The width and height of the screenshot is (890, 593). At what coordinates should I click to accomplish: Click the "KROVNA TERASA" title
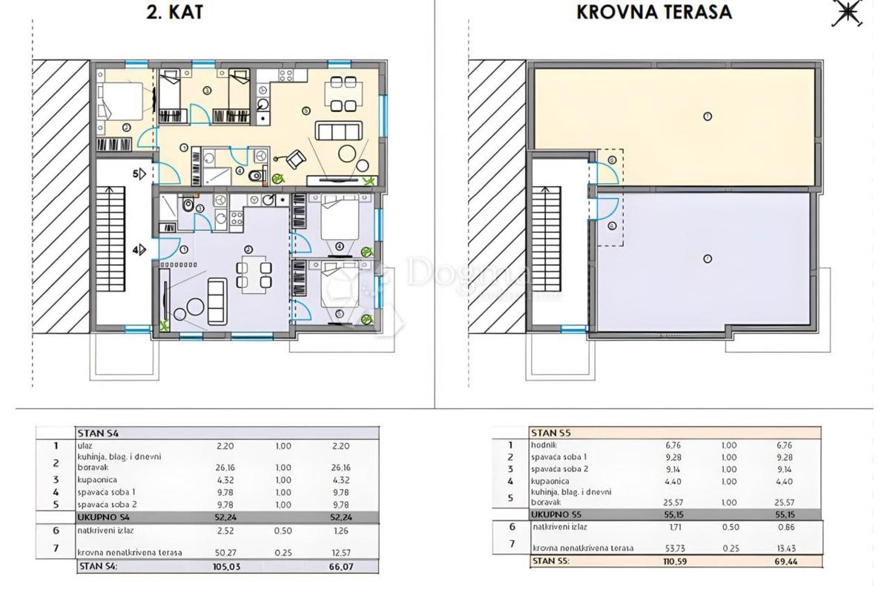(654, 12)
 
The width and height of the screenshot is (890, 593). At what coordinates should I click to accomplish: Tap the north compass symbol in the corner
(846, 13)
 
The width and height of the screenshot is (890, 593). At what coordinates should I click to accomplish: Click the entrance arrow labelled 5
(139, 174)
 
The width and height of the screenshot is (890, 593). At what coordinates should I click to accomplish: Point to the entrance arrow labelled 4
(139, 251)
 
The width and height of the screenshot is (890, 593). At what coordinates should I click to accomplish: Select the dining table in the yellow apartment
(343, 94)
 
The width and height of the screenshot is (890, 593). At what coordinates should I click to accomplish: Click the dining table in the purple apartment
(252, 272)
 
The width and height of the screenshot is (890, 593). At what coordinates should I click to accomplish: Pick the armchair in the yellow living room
(295, 158)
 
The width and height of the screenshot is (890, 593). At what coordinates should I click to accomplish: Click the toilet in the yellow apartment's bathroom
(257, 176)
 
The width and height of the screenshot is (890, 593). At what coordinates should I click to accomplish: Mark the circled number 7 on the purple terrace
(708, 258)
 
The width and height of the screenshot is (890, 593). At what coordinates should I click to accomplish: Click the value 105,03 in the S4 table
(223, 566)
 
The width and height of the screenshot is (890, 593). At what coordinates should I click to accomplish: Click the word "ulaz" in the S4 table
(84, 446)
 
